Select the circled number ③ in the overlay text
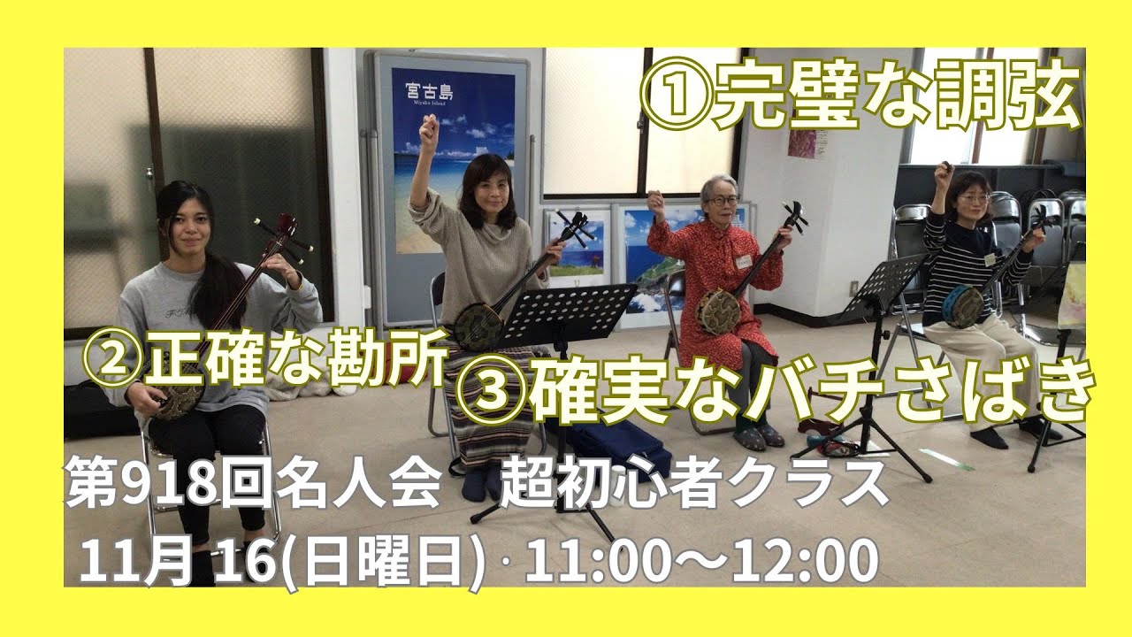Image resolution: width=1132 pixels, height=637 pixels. [x=489, y=390]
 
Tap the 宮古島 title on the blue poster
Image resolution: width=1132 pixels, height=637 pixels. [x=429, y=92]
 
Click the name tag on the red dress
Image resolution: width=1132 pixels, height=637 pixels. [x=745, y=261]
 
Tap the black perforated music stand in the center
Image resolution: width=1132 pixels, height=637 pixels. [x=565, y=314]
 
